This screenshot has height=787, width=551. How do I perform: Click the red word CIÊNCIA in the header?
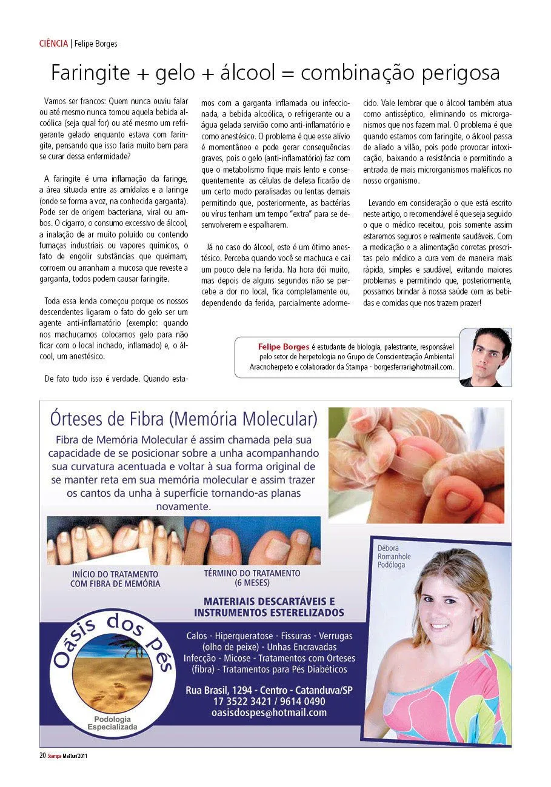tap(53, 44)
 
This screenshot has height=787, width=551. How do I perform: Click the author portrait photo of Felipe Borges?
tap(485, 357)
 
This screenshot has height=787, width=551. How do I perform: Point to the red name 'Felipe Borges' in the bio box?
tap(284, 346)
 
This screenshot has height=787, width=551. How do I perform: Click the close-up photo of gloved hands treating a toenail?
tap(416, 465)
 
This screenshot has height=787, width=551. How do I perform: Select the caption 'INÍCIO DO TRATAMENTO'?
tap(115, 574)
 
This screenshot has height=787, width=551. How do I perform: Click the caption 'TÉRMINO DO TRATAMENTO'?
tap(252, 573)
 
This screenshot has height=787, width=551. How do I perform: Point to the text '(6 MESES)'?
tap(252, 583)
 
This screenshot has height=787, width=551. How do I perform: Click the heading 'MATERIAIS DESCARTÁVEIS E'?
tap(269, 602)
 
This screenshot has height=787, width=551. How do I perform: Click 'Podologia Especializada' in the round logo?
tap(112, 722)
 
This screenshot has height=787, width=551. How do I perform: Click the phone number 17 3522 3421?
tap(241, 702)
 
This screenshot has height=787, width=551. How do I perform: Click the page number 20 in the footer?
tap(42, 755)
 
